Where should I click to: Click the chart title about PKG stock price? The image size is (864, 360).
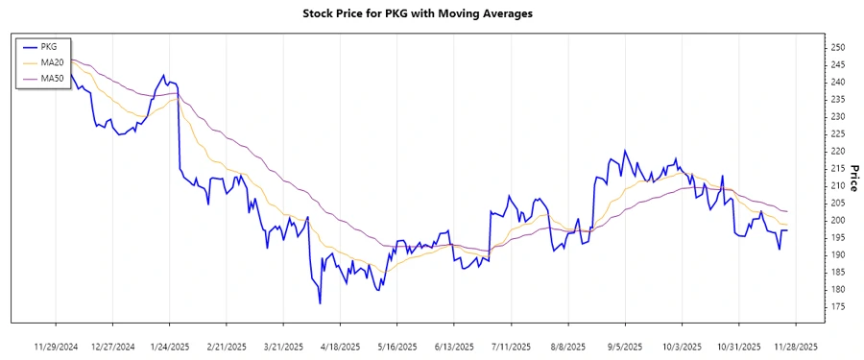click(431, 14)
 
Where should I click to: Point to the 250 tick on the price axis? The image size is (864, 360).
click(837, 48)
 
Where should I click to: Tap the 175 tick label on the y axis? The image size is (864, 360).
click(837, 306)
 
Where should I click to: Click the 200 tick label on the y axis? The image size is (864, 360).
click(837, 221)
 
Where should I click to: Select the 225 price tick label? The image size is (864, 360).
click(837, 134)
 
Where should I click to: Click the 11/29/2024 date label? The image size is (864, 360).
click(56, 346)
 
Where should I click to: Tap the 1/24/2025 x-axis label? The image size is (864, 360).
click(170, 346)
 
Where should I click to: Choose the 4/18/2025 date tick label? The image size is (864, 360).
click(340, 346)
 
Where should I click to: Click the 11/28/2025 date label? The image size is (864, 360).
click(796, 346)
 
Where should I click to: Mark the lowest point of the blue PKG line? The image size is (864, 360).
click(320, 303)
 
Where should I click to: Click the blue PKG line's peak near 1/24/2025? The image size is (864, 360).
click(164, 75)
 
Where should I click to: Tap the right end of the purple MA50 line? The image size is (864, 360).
click(788, 211)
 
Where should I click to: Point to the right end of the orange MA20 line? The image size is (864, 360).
click(788, 225)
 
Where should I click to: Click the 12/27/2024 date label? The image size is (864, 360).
click(112, 346)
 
